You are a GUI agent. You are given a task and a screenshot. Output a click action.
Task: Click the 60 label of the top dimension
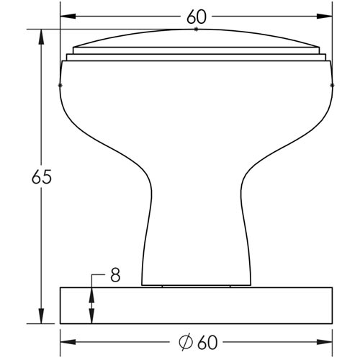point(196,16)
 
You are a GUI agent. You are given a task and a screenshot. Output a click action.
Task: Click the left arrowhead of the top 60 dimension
point(66,16)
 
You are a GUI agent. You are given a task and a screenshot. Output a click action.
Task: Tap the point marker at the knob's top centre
point(196,30)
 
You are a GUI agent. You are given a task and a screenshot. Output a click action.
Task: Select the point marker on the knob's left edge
point(60,86)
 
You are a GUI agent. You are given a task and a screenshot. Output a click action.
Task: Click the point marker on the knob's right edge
point(332,86)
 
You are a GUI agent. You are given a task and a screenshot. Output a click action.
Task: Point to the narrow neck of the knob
point(196,223)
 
